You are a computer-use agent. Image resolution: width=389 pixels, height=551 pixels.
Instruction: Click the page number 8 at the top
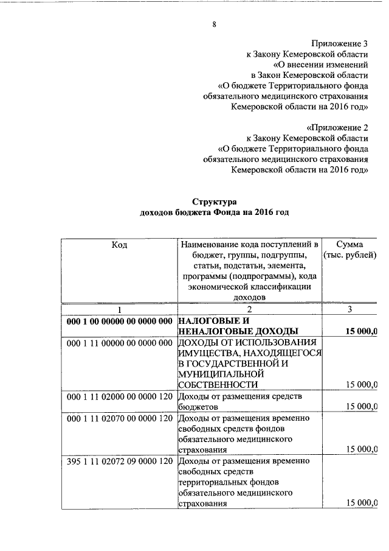tap(214, 24)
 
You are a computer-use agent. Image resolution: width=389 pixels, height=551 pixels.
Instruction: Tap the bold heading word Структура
tap(214, 202)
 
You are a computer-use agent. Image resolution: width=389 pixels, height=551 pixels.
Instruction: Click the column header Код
tap(119, 244)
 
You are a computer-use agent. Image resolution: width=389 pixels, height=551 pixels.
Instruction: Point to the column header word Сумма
tap(349, 244)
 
